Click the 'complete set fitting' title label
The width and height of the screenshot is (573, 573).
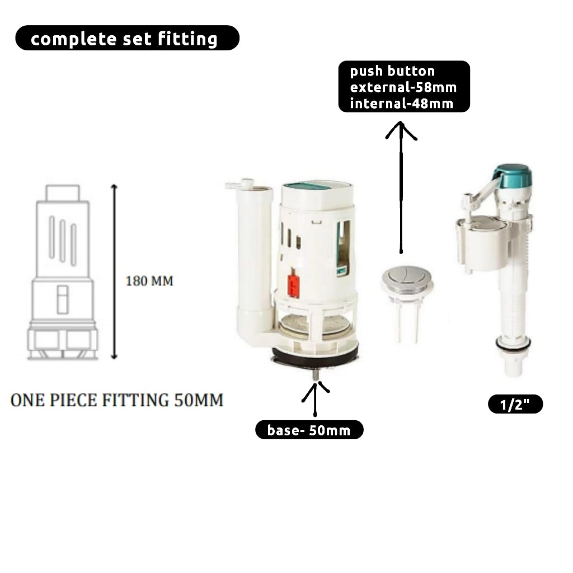click(127, 38)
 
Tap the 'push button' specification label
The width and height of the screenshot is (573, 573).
click(403, 87)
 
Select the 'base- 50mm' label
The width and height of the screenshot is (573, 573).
click(309, 430)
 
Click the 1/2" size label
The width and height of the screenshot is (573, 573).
click(515, 405)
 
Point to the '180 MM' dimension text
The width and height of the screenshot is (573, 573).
click(149, 280)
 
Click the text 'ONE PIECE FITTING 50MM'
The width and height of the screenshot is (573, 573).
click(117, 401)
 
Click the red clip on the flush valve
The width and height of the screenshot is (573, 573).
click(293, 285)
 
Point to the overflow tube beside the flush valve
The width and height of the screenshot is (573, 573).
click(254, 263)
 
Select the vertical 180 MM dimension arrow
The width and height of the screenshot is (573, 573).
click(115, 271)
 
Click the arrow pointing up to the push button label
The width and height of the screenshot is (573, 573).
click(401, 185)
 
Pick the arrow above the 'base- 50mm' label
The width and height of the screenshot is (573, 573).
click(315, 397)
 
